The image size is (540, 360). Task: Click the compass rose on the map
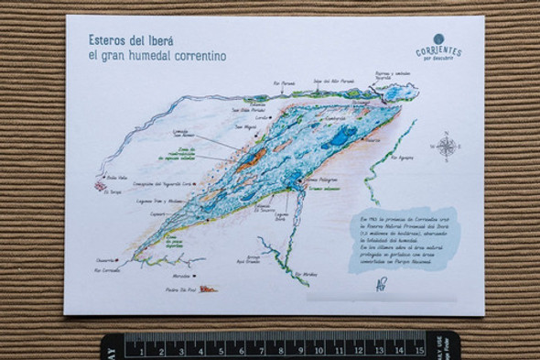tap(446, 147)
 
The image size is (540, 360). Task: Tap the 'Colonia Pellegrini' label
tap(317, 181)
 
